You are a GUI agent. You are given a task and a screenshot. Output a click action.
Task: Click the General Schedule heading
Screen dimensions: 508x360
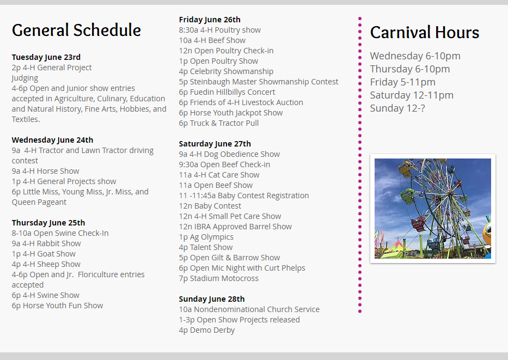tap(76, 30)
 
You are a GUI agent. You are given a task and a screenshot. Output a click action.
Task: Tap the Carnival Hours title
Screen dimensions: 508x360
tap(424, 32)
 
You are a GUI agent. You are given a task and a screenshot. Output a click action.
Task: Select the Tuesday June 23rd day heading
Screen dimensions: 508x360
tap(46, 57)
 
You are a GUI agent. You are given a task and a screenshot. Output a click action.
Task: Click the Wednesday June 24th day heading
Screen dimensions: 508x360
tap(52, 140)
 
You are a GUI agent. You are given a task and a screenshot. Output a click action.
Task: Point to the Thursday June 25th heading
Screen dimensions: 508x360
tap(48, 223)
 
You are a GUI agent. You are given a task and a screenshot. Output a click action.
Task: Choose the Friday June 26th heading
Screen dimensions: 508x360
tap(210, 20)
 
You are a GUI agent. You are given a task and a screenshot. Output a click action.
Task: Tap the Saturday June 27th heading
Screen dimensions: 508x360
tap(215, 144)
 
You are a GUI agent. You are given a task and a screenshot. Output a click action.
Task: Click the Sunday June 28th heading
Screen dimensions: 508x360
tap(212, 299)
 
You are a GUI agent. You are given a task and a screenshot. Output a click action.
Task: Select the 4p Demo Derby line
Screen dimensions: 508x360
tap(207, 330)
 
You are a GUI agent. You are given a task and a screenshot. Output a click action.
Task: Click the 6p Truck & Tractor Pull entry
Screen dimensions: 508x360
tap(219, 123)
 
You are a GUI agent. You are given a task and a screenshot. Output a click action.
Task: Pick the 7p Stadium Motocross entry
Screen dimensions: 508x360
tap(219, 278)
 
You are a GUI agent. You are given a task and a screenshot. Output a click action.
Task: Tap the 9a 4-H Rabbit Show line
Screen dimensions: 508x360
tap(46, 243)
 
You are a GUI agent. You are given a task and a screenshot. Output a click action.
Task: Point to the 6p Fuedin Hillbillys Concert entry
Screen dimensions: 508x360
tap(227, 92)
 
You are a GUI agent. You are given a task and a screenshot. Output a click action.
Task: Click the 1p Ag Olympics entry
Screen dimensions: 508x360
tap(206, 237)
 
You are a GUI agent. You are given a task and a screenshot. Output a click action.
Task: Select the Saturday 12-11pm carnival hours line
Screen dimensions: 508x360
tap(412, 95)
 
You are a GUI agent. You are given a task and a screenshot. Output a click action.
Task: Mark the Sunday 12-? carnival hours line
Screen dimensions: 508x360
tap(397, 108)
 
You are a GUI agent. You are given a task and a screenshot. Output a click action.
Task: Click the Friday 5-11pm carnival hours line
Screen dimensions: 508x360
tap(403, 82)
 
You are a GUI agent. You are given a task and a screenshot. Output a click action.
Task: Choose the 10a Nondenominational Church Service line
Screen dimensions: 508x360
tap(249, 309)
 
